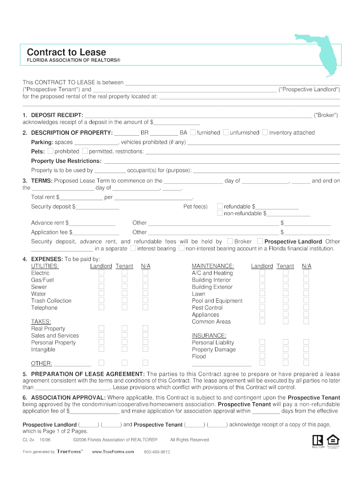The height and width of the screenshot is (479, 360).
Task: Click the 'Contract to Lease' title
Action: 66,52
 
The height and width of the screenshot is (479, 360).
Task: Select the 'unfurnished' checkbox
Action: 226,132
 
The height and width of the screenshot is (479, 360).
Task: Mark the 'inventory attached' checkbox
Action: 265,132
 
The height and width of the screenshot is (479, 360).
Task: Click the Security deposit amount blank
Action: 97,207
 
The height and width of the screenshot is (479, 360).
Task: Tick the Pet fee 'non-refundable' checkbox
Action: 220,213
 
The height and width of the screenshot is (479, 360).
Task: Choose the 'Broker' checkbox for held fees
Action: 230,241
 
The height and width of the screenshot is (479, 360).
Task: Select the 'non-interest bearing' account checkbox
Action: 182,248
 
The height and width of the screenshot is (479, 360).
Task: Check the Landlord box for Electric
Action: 101,273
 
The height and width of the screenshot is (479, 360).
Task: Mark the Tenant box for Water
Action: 125,294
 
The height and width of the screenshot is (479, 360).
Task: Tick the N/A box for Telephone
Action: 145,307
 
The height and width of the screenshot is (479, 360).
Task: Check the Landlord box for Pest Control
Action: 262,307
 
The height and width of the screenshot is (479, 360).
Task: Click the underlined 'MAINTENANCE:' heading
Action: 213,266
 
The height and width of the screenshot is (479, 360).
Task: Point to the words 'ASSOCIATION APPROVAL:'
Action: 69,398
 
